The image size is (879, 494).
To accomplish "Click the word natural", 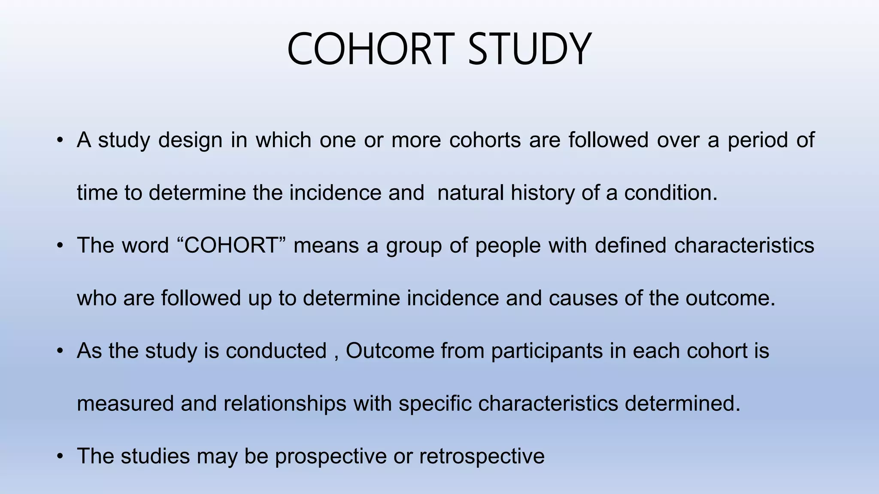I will tap(470, 193).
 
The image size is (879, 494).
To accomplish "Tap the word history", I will tap(543, 193).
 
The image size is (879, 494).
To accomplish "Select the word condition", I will tap(670, 193).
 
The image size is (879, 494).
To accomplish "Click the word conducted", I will tap(276, 351).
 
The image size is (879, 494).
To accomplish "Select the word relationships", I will tap(285, 404).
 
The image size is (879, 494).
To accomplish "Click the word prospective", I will tap(330, 456).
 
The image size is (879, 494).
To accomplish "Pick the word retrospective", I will tap(482, 456).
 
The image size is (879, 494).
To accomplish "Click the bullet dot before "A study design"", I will tap(61, 141).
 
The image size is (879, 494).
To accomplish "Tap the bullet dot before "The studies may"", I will tap(61, 456).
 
